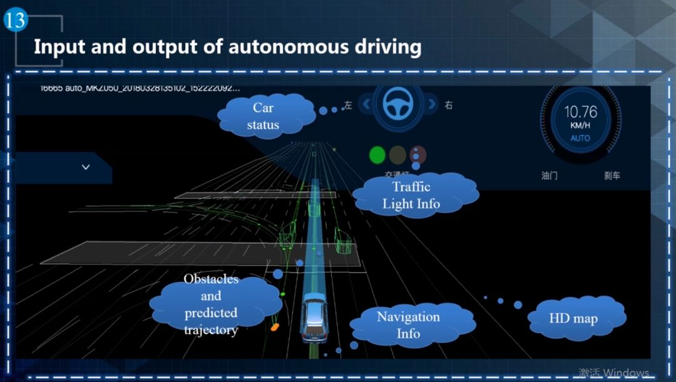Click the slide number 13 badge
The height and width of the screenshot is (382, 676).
[15, 19]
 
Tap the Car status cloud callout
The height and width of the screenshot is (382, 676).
[264, 116]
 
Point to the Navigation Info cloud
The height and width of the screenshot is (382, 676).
[408, 324]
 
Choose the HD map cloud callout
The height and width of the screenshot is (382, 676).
[573, 318]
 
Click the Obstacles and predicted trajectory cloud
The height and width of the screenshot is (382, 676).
[211, 304]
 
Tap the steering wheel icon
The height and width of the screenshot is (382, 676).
[396, 103]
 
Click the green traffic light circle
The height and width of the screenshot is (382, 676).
[377, 155]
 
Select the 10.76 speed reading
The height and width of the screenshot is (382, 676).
[580, 112]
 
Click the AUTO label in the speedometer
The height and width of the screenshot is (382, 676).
[580, 138]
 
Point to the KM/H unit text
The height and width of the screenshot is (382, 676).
[580, 126]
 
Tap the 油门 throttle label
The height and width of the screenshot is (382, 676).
[550, 176]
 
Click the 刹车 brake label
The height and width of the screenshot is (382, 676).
[612, 176]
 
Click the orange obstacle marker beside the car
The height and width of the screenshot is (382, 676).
[274, 327]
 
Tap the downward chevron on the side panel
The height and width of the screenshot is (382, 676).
[86, 167]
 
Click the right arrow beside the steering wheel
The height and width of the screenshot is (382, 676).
[431, 104]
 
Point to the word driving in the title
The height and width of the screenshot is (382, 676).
[381, 47]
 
